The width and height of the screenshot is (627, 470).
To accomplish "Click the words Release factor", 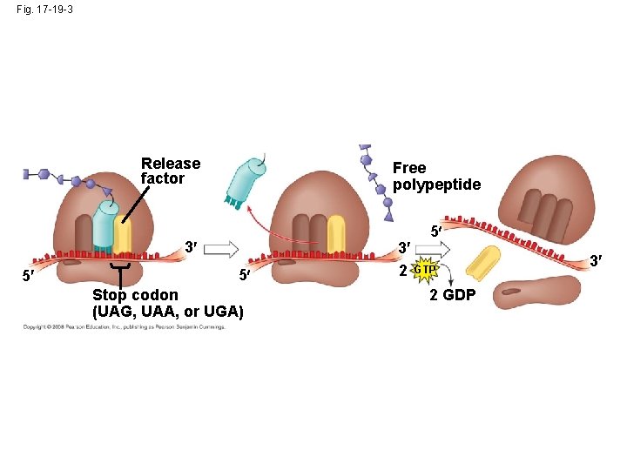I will click(x=170, y=171).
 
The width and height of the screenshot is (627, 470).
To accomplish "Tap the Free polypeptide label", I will click(x=435, y=176).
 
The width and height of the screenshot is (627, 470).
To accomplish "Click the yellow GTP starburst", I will click(x=425, y=270).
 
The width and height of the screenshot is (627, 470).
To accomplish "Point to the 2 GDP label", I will click(x=453, y=295).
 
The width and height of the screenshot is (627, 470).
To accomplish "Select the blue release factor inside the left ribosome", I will click(x=106, y=228).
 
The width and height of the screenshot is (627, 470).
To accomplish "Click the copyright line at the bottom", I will click(x=124, y=327).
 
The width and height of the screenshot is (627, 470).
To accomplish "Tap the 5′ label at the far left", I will click(x=30, y=279).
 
